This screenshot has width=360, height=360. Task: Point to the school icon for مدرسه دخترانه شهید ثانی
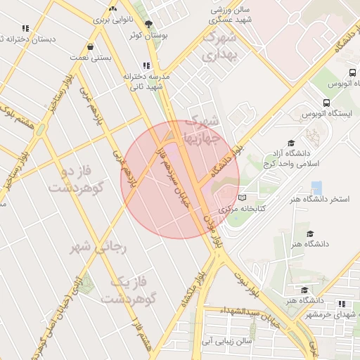[x=147, y=65]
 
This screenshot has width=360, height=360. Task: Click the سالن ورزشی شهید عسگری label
[x=234, y=16]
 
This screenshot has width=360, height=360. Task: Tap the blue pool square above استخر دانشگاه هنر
[x=316, y=188]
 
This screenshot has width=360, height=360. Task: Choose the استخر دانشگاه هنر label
[x=319, y=200]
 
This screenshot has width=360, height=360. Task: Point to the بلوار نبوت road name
[x=250, y=281]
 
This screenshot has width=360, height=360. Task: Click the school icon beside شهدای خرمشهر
[x=342, y=304]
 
